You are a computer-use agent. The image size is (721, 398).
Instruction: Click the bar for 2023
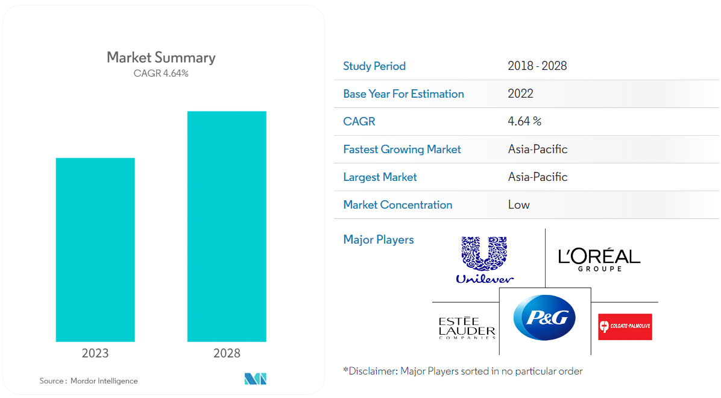click(95, 250)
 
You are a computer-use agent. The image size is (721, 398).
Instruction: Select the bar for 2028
click(227, 226)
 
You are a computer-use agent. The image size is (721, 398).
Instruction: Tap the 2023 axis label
click(95, 353)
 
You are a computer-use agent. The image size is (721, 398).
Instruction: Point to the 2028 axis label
click(227, 353)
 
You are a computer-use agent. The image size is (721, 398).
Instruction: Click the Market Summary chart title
click(161, 57)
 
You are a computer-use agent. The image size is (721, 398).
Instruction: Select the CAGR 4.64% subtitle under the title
click(161, 74)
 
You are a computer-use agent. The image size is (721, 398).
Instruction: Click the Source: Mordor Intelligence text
click(89, 381)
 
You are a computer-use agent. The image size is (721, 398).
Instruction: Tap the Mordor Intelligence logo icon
click(255, 379)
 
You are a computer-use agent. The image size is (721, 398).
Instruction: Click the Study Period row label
click(374, 66)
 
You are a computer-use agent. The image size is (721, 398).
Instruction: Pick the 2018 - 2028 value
click(537, 66)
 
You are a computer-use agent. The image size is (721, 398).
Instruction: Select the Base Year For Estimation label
click(403, 94)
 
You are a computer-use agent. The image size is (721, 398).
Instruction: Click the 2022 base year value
click(520, 94)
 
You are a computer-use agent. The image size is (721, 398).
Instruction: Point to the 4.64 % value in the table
click(524, 122)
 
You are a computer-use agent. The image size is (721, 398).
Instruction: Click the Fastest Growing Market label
click(402, 150)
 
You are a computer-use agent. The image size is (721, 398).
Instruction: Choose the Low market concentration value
click(518, 205)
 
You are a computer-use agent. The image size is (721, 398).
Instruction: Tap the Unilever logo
click(485, 260)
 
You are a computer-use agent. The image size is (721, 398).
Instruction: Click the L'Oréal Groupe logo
click(599, 259)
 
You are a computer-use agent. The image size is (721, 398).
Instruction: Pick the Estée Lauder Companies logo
click(467, 327)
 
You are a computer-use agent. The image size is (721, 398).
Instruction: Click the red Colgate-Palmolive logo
click(625, 327)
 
